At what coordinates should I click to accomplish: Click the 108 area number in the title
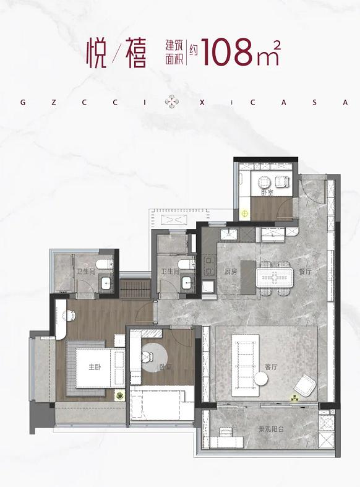point(226,52)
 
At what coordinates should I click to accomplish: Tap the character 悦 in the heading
point(97,53)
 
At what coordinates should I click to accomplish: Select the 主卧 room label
point(95,367)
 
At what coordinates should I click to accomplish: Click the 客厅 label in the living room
point(271,367)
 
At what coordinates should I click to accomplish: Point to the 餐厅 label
point(305,271)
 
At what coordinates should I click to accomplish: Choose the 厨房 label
point(231,271)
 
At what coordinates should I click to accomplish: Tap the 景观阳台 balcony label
point(272,429)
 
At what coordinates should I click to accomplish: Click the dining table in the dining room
point(275,277)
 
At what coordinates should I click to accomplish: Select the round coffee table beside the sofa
point(261,379)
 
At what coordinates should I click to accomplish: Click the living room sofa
point(246,365)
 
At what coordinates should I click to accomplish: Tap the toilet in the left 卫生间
point(105,264)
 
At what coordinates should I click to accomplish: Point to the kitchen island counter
point(248,277)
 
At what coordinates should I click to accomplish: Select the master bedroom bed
point(100,368)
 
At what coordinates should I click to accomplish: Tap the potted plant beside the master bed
point(119,395)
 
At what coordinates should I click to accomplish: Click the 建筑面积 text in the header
point(174,52)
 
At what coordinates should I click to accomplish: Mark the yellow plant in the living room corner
point(294,397)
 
